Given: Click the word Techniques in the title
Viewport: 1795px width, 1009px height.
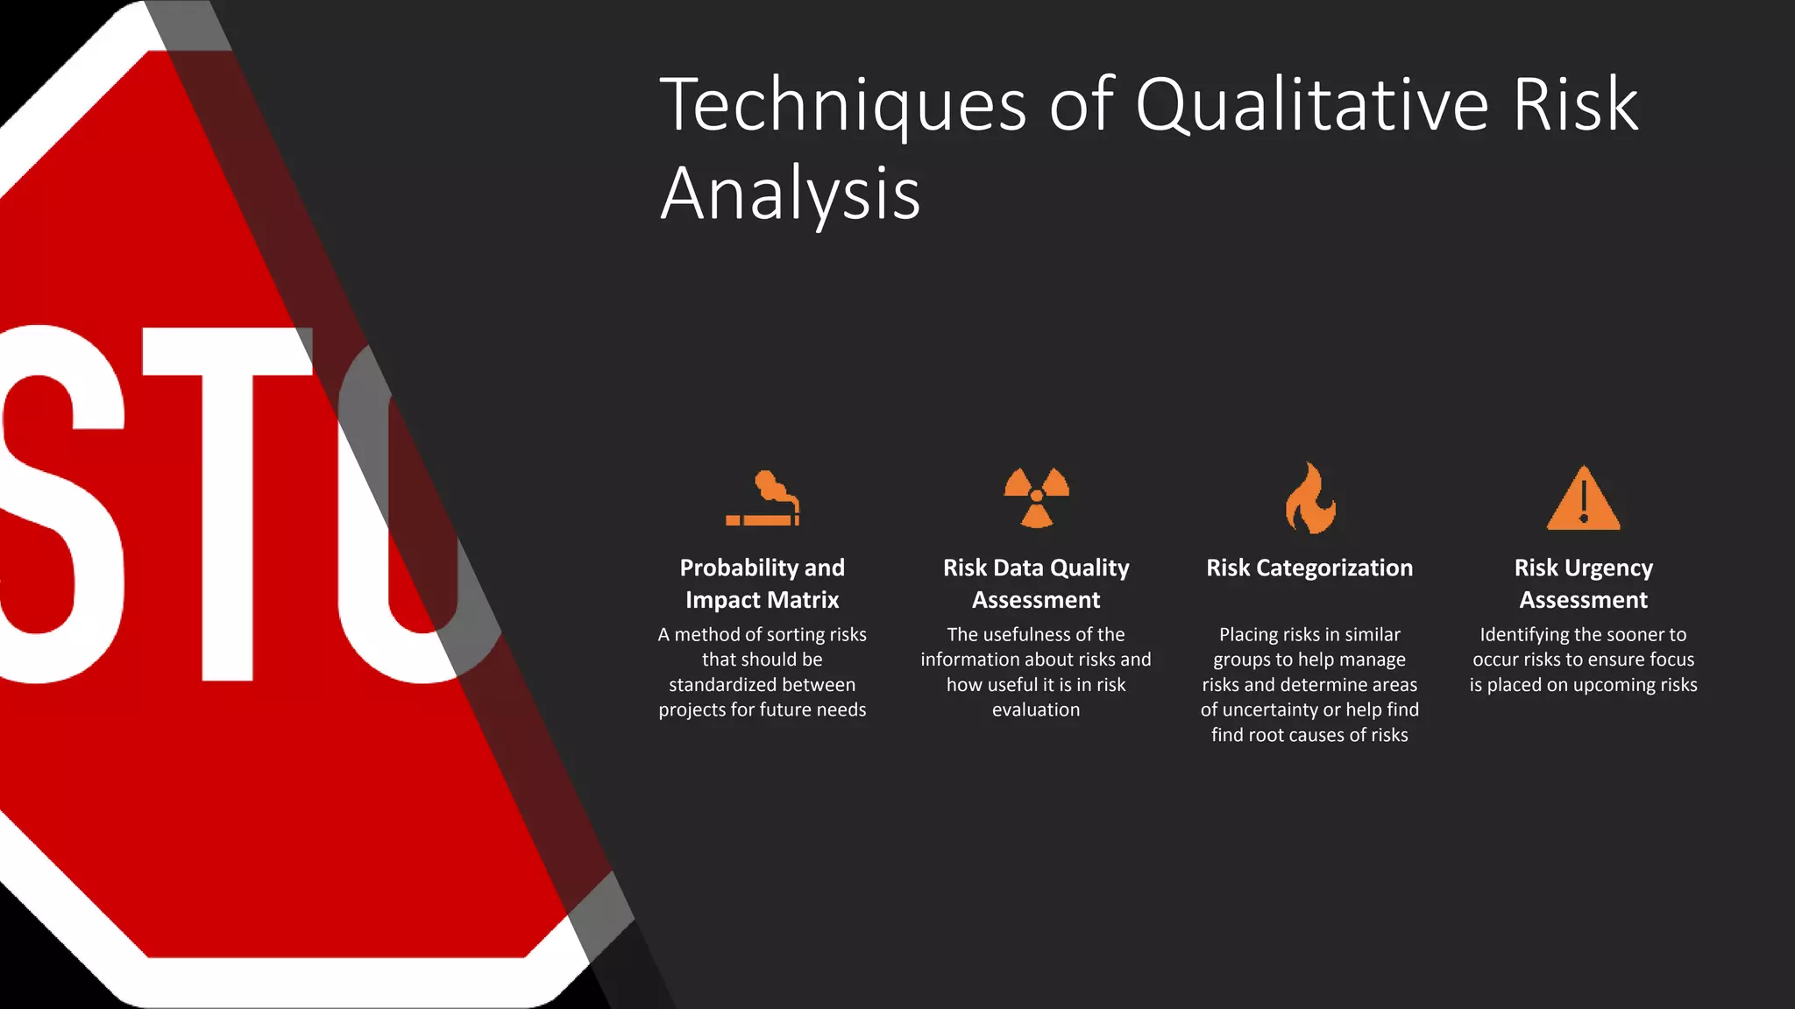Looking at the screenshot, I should tap(842, 106).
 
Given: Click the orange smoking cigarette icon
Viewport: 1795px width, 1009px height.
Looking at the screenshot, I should tap(763, 498).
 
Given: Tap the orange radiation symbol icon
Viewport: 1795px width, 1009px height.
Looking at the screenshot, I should tap(1036, 497).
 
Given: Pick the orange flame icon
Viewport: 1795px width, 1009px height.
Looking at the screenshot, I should tap(1309, 497).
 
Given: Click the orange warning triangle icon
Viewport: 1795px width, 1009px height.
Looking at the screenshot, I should tap(1583, 498).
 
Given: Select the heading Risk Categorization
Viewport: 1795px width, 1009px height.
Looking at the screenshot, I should tap(1309, 568).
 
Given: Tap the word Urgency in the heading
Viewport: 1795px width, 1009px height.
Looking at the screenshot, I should tap(1609, 568).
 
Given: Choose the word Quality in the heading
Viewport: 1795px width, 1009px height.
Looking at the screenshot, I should tap(1089, 568).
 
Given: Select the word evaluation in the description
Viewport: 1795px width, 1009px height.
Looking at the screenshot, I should tap(1036, 710).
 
